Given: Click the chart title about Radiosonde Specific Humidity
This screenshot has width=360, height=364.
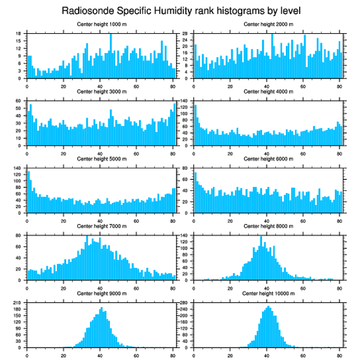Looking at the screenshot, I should [x=180, y=10].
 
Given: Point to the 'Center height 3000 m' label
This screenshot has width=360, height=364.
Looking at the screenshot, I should [x=101, y=92].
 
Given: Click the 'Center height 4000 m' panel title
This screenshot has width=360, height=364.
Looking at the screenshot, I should [x=268, y=92].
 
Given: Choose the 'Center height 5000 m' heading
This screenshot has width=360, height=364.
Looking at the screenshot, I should [x=101, y=159].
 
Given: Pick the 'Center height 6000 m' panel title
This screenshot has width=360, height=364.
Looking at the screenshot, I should [x=268, y=159].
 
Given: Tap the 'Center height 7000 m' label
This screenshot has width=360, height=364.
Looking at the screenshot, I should [x=101, y=226].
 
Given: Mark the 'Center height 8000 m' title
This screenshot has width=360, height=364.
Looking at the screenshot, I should [x=268, y=226].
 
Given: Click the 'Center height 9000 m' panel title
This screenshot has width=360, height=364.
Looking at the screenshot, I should [x=101, y=293].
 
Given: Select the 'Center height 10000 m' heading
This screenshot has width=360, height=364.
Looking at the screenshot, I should [x=268, y=293].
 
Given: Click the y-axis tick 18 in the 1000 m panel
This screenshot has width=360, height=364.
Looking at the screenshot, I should [x=19, y=34].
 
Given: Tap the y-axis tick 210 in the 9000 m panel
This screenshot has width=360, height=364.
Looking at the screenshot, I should [x=18, y=303].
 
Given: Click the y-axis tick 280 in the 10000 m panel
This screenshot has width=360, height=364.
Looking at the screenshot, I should [x=185, y=303].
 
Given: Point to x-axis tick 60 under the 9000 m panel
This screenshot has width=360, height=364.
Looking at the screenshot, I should [x=136, y=354].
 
